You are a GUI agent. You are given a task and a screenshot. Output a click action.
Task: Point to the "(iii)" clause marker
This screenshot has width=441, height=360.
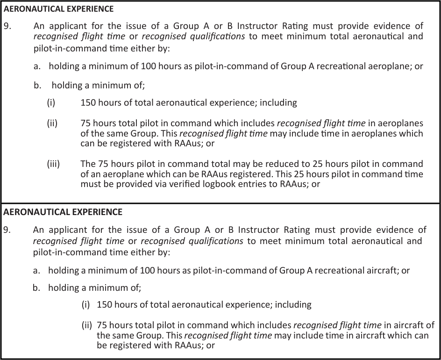pyautogui.click(x=53, y=164)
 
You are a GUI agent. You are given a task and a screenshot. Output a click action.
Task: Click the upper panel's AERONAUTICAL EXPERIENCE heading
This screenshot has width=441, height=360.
pyautogui.click(x=58, y=9)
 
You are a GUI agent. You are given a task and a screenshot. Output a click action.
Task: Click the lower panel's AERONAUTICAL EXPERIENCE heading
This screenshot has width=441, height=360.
pyautogui.click(x=63, y=212)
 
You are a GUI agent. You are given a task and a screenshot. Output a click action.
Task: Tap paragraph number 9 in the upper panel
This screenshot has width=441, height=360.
pyautogui.click(x=7, y=26)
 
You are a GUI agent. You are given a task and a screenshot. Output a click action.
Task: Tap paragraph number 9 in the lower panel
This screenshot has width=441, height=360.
pyautogui.click(x=7, y=230)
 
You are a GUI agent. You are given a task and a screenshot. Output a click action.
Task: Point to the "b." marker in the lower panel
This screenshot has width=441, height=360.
pyautogui.click(x=37, y=288)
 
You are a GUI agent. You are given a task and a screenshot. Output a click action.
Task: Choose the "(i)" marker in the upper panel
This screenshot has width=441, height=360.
pyautogui.click(x=51, y=102)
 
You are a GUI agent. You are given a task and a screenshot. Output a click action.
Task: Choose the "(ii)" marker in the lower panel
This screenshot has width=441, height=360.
pyautogui.click(x=87, y=325)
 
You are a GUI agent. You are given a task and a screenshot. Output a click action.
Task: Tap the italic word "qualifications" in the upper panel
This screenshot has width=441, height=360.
pyautogui.click(x=216, y=36)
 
